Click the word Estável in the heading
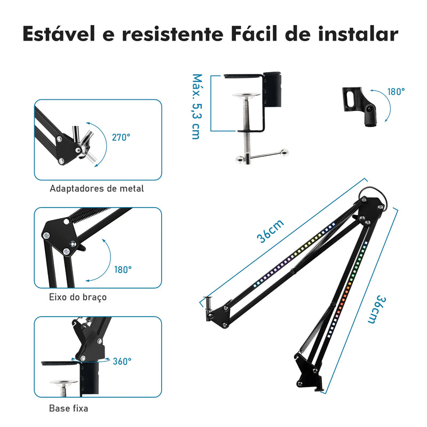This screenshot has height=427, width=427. click(59, 34)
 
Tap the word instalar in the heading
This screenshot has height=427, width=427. click(358, 34)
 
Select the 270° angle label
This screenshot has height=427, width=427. click(121, 137)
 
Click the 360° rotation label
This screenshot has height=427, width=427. click(122, 361)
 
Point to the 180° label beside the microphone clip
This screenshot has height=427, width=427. click(396, 92)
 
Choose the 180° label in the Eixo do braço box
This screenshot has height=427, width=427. click(123, 270)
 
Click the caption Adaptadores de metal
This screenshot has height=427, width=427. click(97, 188)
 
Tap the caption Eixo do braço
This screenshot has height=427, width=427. click(78, 297)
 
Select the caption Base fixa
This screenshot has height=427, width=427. click(69, 408)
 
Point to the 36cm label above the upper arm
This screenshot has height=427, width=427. click(271, 231)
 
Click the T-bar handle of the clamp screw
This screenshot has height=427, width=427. click(262, 156)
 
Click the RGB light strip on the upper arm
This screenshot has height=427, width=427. click(294, 255)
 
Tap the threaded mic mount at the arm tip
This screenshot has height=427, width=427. click(209, 303)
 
